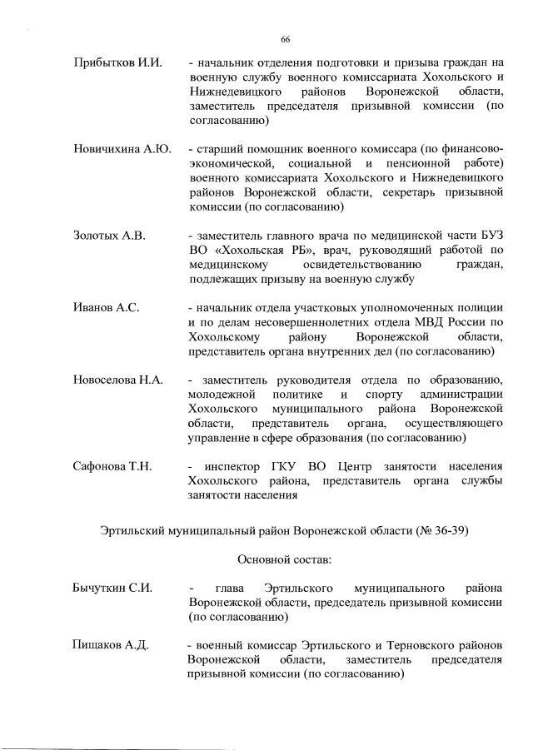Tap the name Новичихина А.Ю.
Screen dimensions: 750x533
[x=122, y=149]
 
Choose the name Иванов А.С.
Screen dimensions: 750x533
[x=106, y=308]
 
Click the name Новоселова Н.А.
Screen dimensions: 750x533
[x=117, y=380]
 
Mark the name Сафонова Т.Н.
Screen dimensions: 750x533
[x=112, y=466]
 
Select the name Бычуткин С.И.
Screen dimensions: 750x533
[x=112, y=589]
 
